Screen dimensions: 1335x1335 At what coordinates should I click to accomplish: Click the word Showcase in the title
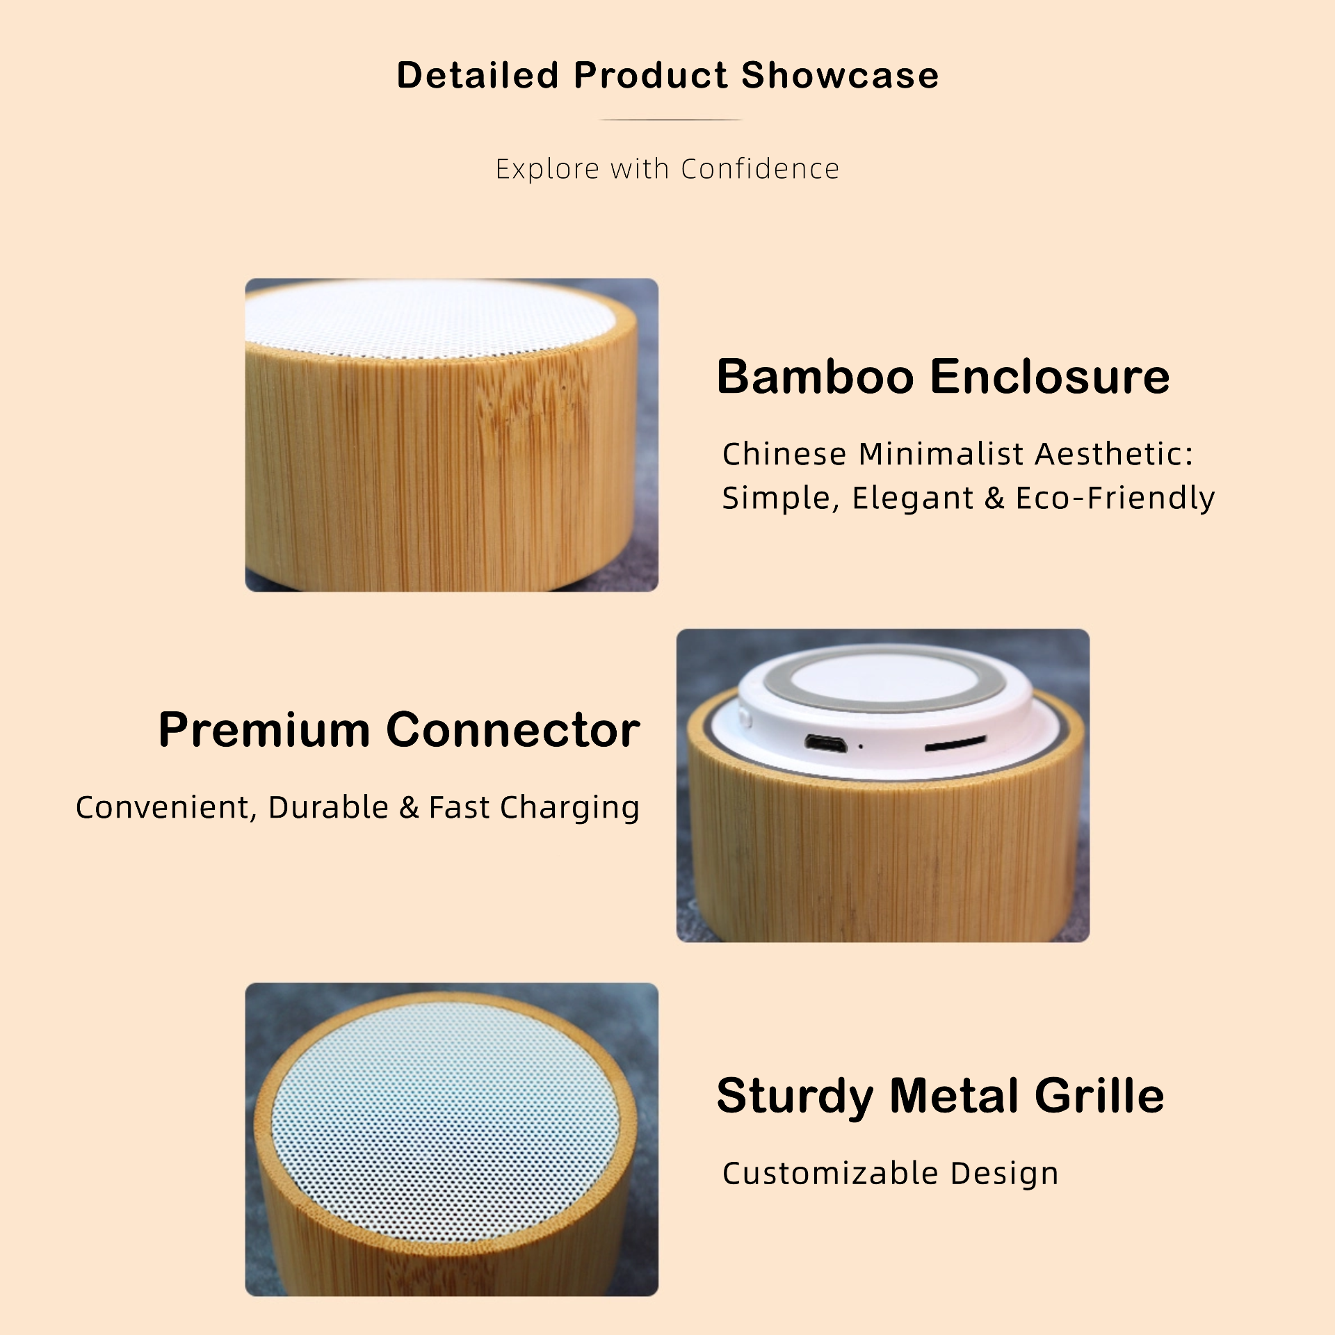[840, 75]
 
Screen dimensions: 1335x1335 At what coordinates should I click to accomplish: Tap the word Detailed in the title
[478, 75]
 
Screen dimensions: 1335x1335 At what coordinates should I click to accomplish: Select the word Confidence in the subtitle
[760, 169]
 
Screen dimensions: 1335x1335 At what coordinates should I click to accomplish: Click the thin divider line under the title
[670, 120]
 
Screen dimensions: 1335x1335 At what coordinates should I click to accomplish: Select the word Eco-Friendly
[1115, 499]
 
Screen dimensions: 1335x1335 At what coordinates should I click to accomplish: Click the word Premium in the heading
[264, 730]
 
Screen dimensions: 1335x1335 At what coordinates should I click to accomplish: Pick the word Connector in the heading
[513, 730]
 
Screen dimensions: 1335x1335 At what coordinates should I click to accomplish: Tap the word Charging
[569, 808]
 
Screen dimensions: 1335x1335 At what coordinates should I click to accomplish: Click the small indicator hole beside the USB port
[861, 747]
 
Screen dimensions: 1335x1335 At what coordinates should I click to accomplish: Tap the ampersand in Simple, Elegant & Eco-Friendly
[994, 498]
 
